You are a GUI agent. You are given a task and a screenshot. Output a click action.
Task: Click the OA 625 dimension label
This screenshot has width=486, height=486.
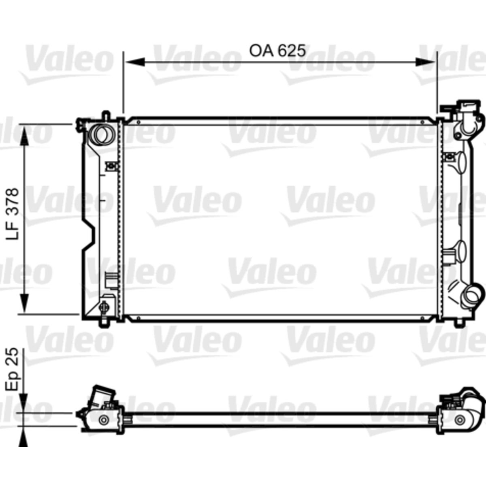277,51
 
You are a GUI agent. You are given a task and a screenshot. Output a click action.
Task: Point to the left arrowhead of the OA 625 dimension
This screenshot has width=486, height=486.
135,62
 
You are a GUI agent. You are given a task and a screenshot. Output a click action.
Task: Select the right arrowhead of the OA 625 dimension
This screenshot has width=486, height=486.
425,62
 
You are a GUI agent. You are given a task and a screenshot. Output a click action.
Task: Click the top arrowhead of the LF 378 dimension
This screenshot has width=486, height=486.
24,136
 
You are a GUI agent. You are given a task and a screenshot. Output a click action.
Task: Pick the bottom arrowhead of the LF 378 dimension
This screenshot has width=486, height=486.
24,302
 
